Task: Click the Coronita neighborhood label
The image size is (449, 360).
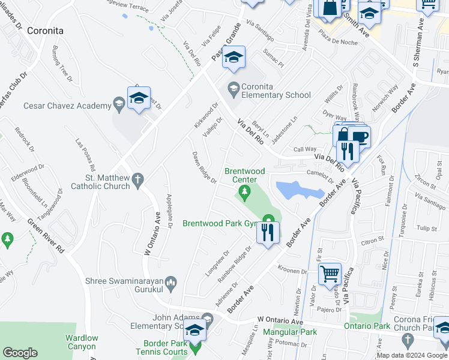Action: [45, 30]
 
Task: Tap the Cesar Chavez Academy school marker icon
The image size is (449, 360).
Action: [139, 99]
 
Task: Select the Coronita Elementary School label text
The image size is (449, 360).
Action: [276, 91]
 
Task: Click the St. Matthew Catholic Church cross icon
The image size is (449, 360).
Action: [137, 179]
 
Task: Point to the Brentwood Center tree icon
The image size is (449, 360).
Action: [244, 192]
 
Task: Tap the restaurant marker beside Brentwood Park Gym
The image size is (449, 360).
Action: [268, 232]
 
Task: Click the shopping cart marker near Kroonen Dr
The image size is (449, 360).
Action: [330, 274]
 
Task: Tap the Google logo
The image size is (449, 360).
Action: [20, 353]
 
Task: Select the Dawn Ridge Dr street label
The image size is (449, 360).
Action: [204, 167]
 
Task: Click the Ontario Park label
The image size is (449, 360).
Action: [367, 326]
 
